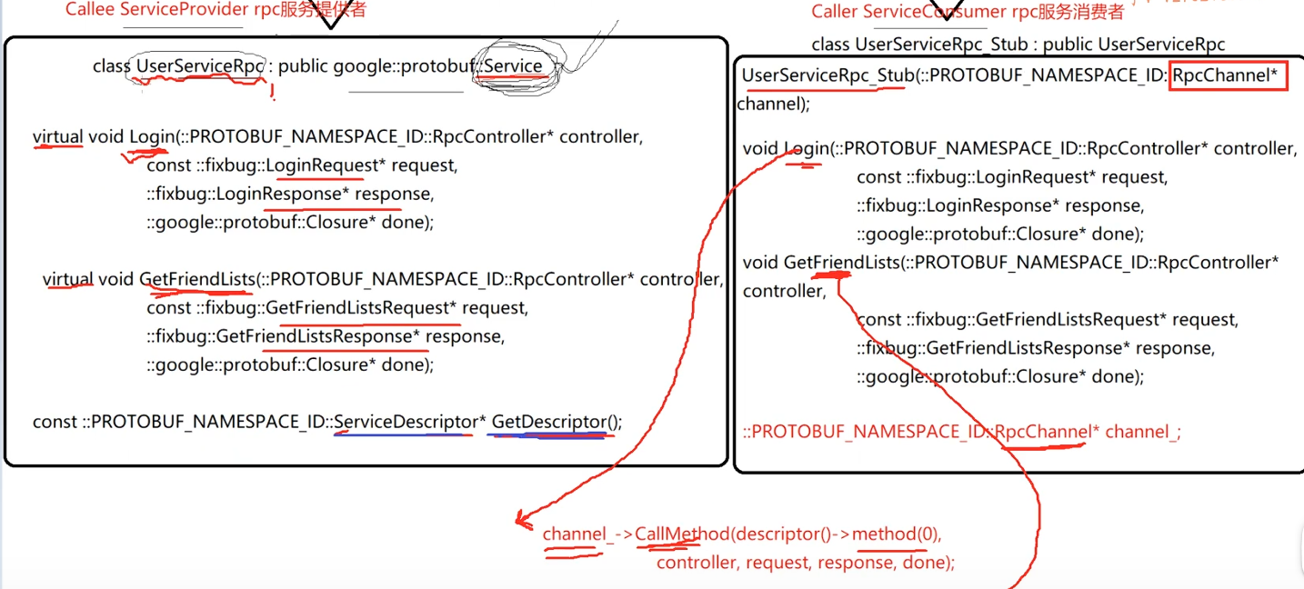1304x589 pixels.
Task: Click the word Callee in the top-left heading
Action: pos(90,10)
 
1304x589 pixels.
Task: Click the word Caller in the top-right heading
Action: pos(834,12)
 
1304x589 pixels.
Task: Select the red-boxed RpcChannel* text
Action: pos(1228,75)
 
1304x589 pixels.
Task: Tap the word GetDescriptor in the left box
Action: pos(548,422)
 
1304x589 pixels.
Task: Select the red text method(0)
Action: pos(896,534)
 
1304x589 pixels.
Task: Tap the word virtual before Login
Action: pos(57,137)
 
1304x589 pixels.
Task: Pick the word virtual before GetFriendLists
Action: pos(67,279)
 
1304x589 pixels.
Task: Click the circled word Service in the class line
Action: pos(513,66)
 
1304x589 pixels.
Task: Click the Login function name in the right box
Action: pos(806,148)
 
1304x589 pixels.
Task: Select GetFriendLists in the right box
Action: pos(841,263)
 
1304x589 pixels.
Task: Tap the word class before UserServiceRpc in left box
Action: pos(111,66)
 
